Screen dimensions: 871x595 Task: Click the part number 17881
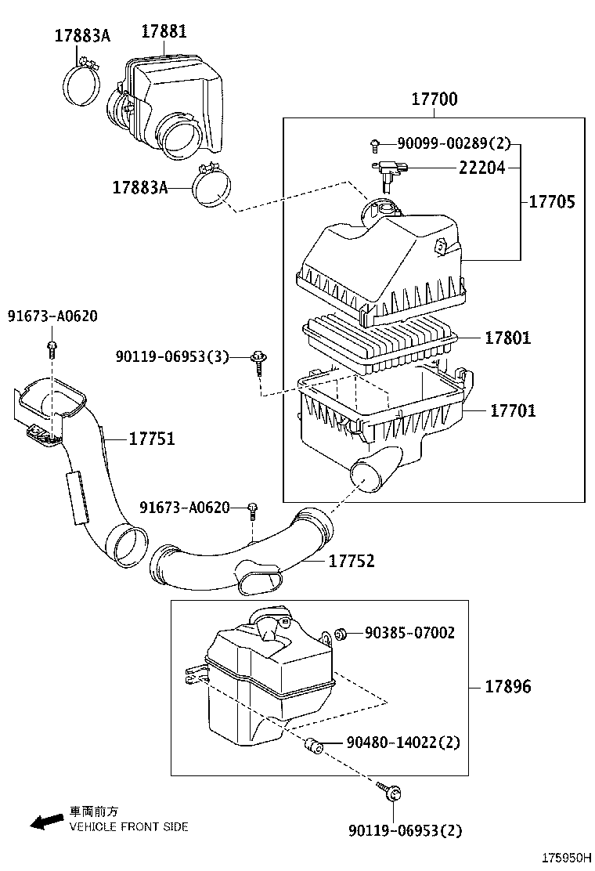coord(164,31)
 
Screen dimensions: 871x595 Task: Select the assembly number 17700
coord(435,99)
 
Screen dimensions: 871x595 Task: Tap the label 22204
coord(482,168)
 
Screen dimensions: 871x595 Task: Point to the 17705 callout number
coord(552,201)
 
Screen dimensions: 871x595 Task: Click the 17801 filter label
coord(507,338)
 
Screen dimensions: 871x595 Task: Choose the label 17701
coord(513,410)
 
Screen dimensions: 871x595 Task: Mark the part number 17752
coord(352,561)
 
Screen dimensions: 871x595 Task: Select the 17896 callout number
coord(507,687)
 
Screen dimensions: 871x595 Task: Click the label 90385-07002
coord(409,633)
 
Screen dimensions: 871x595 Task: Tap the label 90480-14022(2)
coord(403,742)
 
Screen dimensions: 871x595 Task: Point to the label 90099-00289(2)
coord(453,143)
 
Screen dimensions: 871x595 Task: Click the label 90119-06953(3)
coord(172,356)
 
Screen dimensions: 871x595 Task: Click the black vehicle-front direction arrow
coord(47,821)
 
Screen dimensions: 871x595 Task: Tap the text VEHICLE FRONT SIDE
coord(129,826)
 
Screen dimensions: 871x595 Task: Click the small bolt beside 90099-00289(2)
coord(376,144)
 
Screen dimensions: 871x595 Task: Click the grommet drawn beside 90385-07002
coord(341,633)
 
